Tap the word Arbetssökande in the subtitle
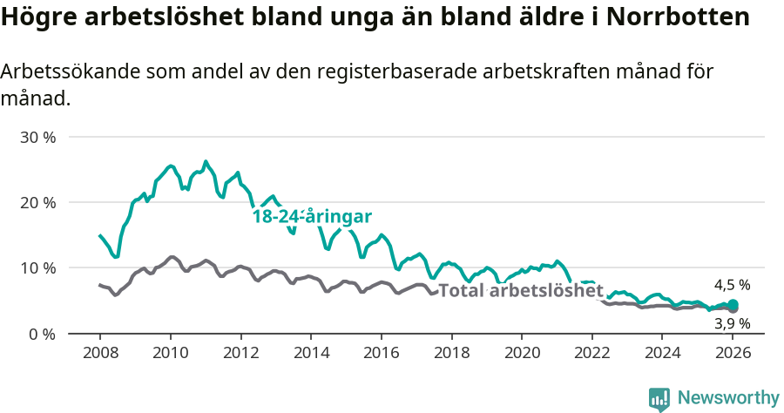[x=62, y=72]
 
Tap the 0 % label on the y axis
[x=43, y=333]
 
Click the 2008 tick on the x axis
[x=99, y=353]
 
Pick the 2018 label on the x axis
[x=451, y=353]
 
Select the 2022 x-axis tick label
[x=592, y=353]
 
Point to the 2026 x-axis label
[x=733, y=353]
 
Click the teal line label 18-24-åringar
[x=313, y=217]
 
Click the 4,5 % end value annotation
[x=732, y=285]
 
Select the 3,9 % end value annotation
[x=732, y=323]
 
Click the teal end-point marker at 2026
[x=733, y=304]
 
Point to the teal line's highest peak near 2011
[x=206, y=161]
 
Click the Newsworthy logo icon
[x=659, y=398]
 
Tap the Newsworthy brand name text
[x=728, y=398]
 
